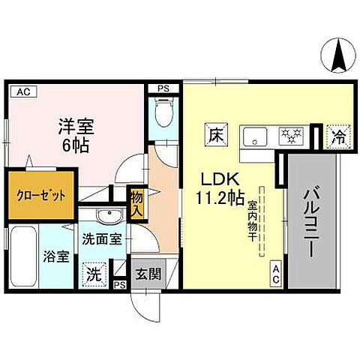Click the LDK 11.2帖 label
click(x=220, y=189)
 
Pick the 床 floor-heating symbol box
click(x=216, y=137)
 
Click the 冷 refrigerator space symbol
click(x=339, y=136)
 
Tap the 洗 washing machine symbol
click(x=94, y=273)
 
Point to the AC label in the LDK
click(x=276, y=274)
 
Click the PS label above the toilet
click(x=163, y=88)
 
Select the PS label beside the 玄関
click(x=118, y=286)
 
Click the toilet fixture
click(x=162, y=115)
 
